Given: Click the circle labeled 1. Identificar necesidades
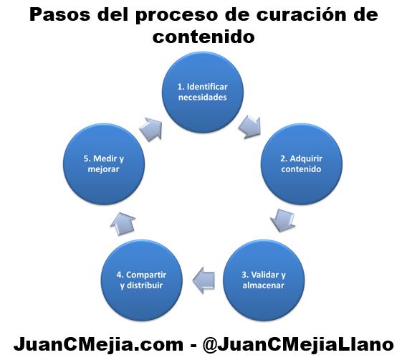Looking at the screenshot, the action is click(203, 93).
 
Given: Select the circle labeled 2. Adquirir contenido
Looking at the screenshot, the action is click(302, 164).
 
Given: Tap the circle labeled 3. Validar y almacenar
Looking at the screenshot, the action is click(264, 280).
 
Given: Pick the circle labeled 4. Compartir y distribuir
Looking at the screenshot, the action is click(142, 280).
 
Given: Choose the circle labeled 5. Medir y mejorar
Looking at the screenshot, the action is click(104, 164).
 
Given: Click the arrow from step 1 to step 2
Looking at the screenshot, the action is click(250, 127).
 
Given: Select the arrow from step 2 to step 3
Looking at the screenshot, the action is click(282, 220).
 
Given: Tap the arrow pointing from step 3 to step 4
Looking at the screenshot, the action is click(203, 280).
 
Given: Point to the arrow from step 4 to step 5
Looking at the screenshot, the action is click(123, 224).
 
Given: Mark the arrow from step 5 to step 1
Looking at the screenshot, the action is click(150, 129).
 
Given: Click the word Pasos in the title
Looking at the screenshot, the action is click(60, 15).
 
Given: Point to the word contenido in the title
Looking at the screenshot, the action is click(203, 36).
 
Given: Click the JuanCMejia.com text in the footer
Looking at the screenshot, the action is click(99, 344).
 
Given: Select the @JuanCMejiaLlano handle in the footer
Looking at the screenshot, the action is click(298, 344).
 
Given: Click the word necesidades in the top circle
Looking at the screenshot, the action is click(203, 98).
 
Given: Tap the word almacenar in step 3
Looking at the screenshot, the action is click(264, 285).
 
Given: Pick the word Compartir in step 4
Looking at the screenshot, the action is click(146, 275).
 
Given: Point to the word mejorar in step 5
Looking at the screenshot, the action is click(104, 169).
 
